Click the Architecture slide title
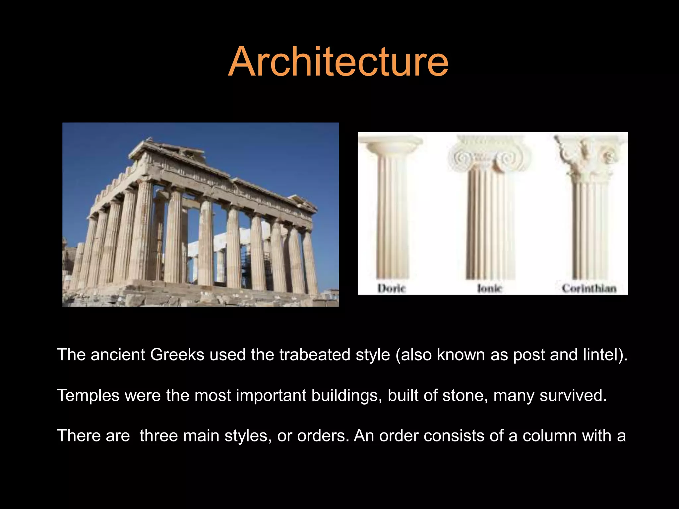[338, 62]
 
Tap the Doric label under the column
[392, 288]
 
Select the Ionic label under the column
[489, 288]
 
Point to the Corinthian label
[589, 288]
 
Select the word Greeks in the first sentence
[177, 355]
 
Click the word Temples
[88, 395]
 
